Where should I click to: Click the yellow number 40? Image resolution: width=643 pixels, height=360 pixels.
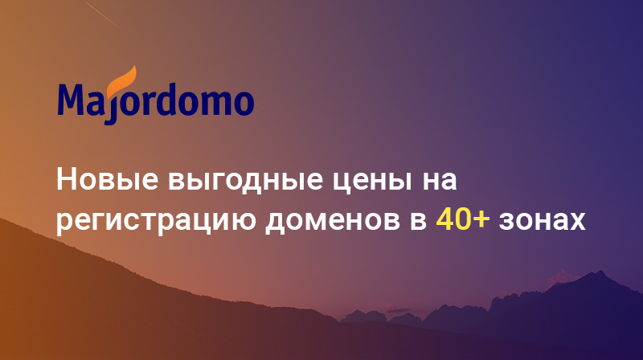(452, 219)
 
